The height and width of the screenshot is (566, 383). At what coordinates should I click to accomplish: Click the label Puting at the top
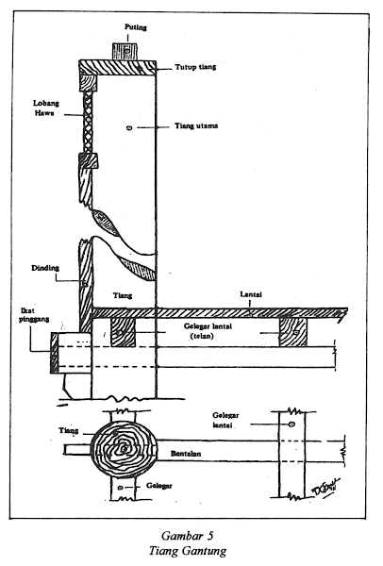(136, 27)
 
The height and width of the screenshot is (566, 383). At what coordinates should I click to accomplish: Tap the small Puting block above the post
(125, 51)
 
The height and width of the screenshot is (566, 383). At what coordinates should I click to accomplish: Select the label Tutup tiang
(195, 67)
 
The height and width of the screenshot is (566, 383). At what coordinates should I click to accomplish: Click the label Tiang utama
(196, 126)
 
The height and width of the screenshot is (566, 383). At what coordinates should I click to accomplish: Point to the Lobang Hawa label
(45, 108)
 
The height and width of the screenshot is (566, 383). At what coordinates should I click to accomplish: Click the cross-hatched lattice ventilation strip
(88, 123)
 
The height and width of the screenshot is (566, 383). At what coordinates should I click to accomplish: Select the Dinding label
(45, 268)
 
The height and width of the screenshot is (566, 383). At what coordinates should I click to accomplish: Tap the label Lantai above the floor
(251, 294)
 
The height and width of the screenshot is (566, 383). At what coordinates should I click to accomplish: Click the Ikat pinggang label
(34, 314)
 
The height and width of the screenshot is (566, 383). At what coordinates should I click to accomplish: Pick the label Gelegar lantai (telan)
(203, 331)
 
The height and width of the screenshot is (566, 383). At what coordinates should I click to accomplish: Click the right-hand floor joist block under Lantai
(293, 332)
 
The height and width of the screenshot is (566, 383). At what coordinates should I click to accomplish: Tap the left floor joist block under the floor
(123, 332)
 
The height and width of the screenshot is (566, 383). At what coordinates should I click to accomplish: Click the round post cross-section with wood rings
(124, 449)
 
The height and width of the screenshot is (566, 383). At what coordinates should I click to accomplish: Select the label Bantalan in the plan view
(186, 454)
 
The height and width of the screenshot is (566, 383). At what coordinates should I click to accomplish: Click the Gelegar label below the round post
(159, 486)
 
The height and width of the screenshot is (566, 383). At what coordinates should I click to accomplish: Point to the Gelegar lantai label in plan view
(225, 420)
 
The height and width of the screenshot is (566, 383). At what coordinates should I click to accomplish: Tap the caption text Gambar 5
(188, 535)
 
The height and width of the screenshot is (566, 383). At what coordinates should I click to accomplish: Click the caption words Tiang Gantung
(188, 551)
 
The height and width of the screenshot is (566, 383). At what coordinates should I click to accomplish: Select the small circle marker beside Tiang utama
(129, 127)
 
